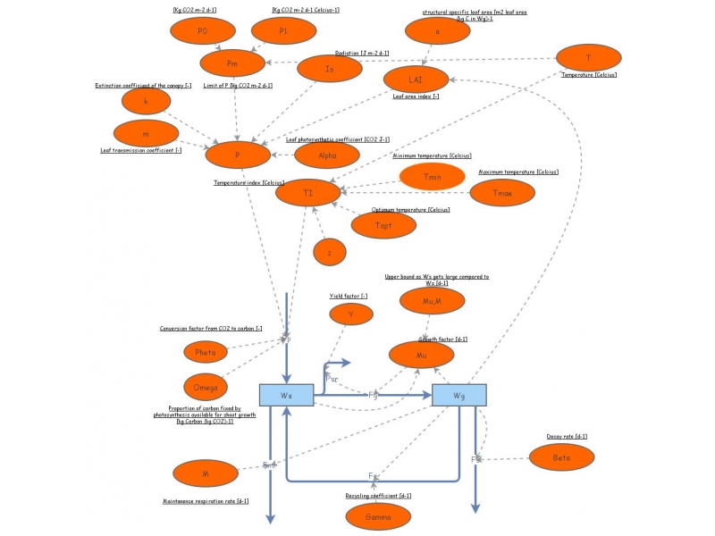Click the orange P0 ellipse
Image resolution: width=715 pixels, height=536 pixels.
(203, 31)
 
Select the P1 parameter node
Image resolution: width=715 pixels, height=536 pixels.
(283, 31)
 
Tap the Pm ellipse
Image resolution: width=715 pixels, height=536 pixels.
(233, 63)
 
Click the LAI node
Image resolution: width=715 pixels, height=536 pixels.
(416, 79)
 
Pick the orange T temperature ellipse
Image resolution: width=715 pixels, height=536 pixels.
(588, 58)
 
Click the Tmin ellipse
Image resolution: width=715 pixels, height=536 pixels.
(433, 177)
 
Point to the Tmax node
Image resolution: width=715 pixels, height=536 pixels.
(502, 191)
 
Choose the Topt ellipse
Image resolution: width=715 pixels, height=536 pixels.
(383, 224)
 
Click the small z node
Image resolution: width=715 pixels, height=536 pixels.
(330, 253)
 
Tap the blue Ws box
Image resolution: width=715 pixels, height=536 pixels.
(285, 395)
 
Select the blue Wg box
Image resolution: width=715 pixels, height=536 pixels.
(459, 395)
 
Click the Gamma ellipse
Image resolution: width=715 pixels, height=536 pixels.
(379, 516)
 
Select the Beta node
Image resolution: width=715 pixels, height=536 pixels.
(562, 457)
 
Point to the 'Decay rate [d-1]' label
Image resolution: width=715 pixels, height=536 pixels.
(567, 436)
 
